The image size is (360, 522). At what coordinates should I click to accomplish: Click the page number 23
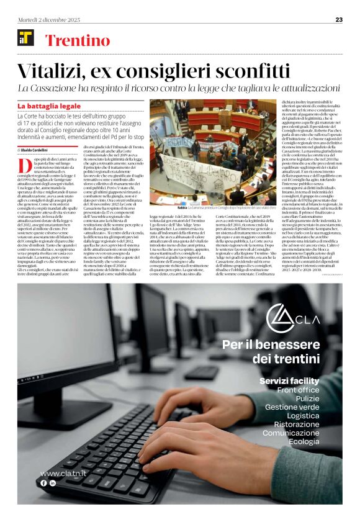[339, 19]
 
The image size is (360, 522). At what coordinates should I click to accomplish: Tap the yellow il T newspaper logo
[26, 38]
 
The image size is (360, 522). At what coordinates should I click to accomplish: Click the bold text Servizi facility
[289, 380]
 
